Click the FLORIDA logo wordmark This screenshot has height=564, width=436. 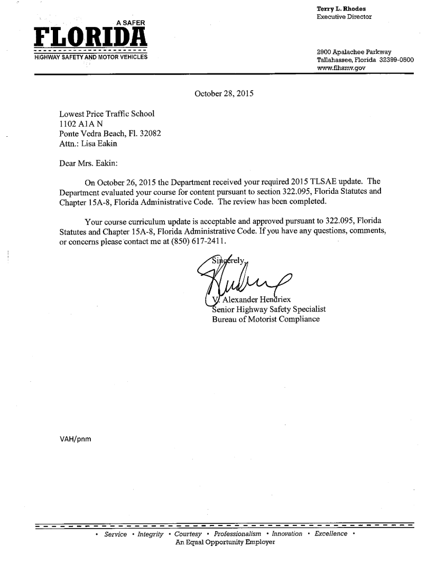point(90,37)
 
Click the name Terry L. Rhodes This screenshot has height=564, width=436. point(341,8)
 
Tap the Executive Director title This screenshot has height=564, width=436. point(344,16)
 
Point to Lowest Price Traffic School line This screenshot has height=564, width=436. point(107,114)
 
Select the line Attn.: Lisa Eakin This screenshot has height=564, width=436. point(88,144)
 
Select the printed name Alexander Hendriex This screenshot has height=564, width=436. point(257,300)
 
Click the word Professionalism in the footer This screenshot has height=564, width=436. point(237,534)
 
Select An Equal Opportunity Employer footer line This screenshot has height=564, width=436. point(225,542)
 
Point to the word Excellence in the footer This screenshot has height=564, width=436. point(331,534)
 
